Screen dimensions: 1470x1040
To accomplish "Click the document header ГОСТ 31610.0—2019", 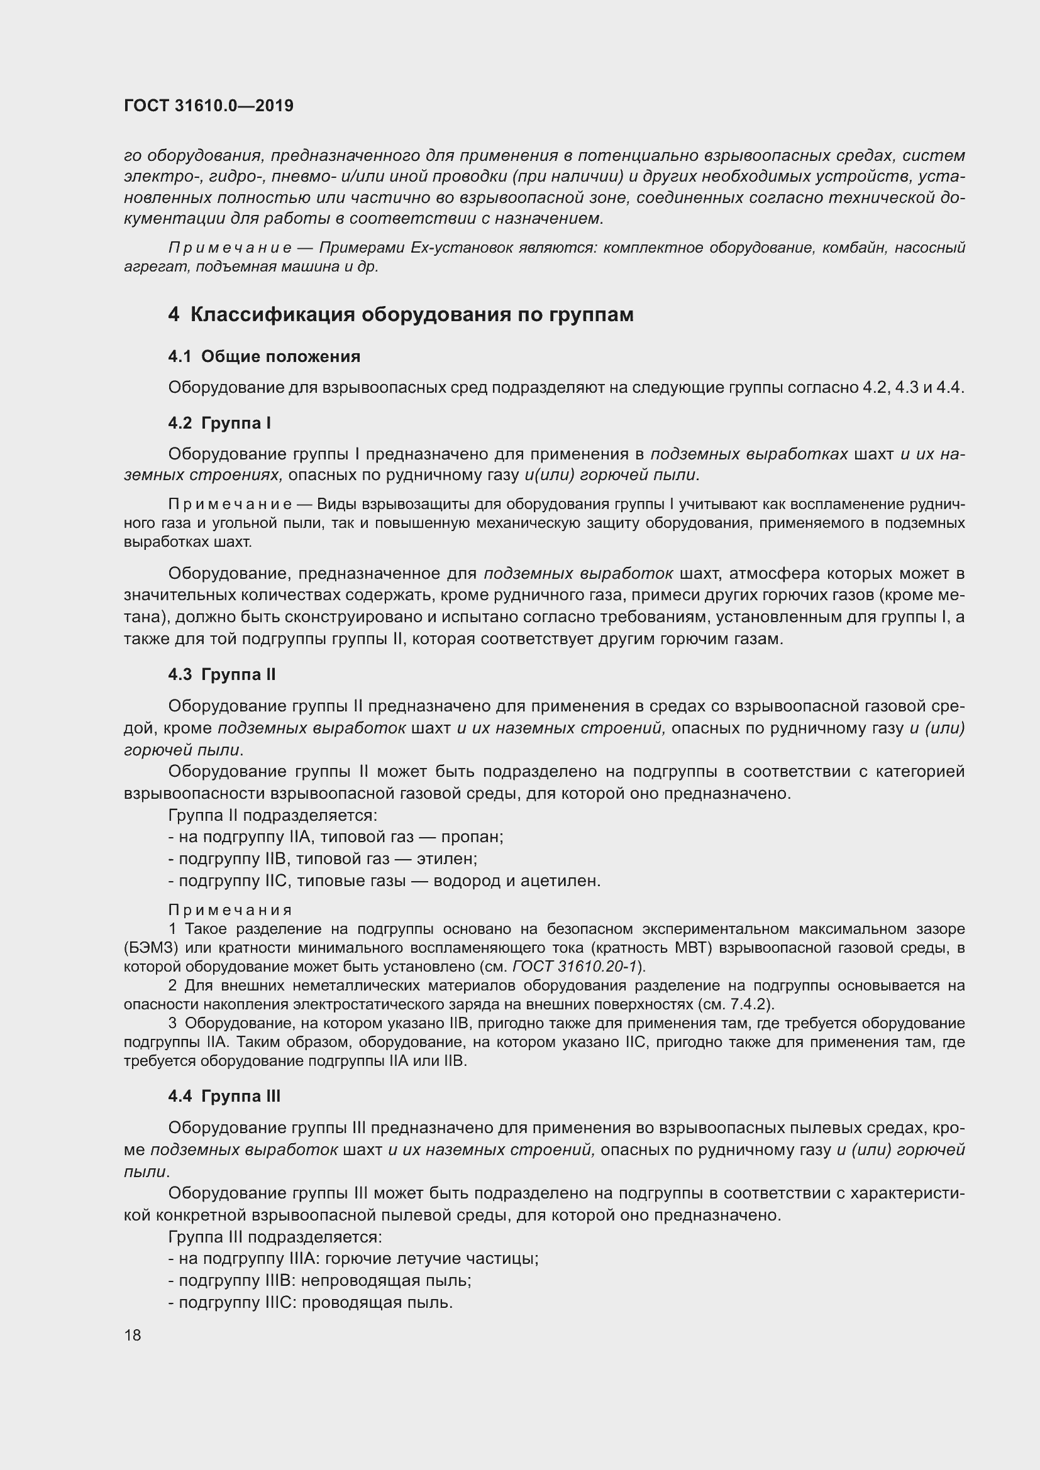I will tap(208, 106).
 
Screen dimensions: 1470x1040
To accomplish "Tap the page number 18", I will tap(133, 1335).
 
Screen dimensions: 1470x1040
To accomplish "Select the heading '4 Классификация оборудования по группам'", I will tap(401, 315).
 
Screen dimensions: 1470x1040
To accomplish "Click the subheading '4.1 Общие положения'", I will tap(264, 356).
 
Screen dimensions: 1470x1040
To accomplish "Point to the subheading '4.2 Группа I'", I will tap(219, 423).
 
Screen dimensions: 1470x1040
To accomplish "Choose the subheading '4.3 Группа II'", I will tap(221, 674).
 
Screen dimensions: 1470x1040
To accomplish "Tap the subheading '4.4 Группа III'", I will tap(224, 1095).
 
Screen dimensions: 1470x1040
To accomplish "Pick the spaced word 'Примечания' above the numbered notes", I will tap(230, 910).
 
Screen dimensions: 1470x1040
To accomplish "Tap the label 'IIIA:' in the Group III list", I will tap(304, 1258).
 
